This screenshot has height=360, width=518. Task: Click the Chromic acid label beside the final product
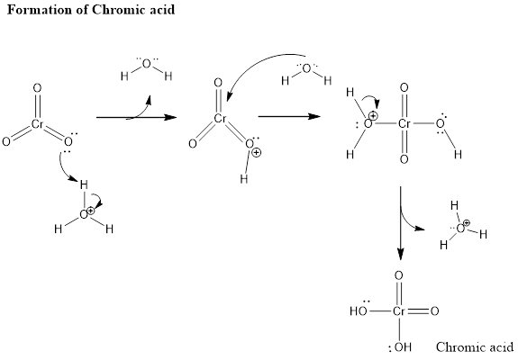[x=475, y=347]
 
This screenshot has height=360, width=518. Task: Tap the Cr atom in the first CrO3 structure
[x=38, y=124]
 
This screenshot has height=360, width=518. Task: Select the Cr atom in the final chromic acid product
[x=399, y=311]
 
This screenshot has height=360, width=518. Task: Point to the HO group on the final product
[x=359, y=311]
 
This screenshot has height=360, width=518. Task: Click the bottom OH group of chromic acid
[x=403, y=347]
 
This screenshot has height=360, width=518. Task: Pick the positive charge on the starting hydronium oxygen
[x=90, y=211]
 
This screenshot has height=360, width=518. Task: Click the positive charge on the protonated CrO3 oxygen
[x=257, y=153]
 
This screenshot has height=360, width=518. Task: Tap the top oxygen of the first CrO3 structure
[x=37, y=88]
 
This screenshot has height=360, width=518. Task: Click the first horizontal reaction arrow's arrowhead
[x=171, y=117]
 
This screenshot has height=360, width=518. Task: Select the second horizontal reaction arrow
[x=289, y=116]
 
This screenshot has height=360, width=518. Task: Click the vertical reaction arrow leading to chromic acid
[x=400, y=223]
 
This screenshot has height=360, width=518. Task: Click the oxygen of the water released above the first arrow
[x=146, y=64]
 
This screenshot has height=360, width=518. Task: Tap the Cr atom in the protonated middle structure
[x=220, y=119]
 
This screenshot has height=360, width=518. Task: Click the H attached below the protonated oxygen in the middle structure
[x=244, y=179]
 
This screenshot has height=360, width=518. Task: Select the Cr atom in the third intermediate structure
[x=404, y=123]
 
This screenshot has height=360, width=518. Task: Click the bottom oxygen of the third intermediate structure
[x=404, y=159]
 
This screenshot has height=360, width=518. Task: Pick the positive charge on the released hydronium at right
[x=467, y=222]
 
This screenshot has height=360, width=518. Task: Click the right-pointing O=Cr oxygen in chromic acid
[x=434, y=311]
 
